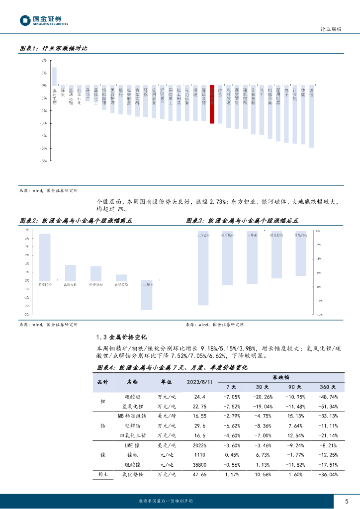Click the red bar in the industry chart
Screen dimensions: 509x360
click(212, 104)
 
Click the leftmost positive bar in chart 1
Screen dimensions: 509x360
click(54, 76)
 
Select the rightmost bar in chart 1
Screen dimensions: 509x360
click(311, 116)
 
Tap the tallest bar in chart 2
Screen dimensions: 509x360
click(45, 256)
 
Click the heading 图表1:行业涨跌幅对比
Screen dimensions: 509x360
click(53, 48)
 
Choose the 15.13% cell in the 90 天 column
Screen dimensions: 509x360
click(295, 416)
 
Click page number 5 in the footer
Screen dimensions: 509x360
click(346, 501)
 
